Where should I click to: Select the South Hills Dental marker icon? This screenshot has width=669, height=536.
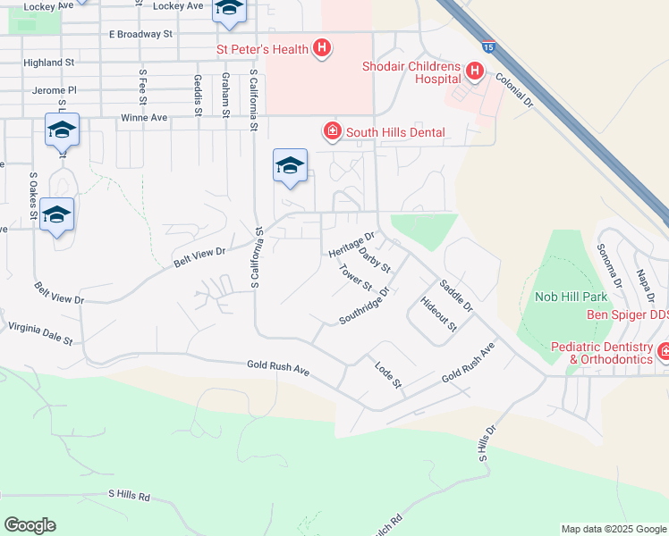point(333,132)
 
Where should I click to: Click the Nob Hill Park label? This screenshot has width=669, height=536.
point(571,296)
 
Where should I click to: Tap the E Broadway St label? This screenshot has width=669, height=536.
point(140,34)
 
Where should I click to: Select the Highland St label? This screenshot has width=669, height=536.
point(49,63)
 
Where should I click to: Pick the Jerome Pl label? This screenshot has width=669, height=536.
point(55,90)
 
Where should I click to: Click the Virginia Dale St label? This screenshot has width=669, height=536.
point(40,335)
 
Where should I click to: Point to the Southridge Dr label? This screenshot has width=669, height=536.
point(365,306)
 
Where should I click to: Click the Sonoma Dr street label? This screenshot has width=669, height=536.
point(610,260)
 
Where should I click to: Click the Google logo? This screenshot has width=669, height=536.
point(30,525)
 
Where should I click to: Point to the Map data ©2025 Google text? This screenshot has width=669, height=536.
point(613,529)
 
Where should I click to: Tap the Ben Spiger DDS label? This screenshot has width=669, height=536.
point(627,314)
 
